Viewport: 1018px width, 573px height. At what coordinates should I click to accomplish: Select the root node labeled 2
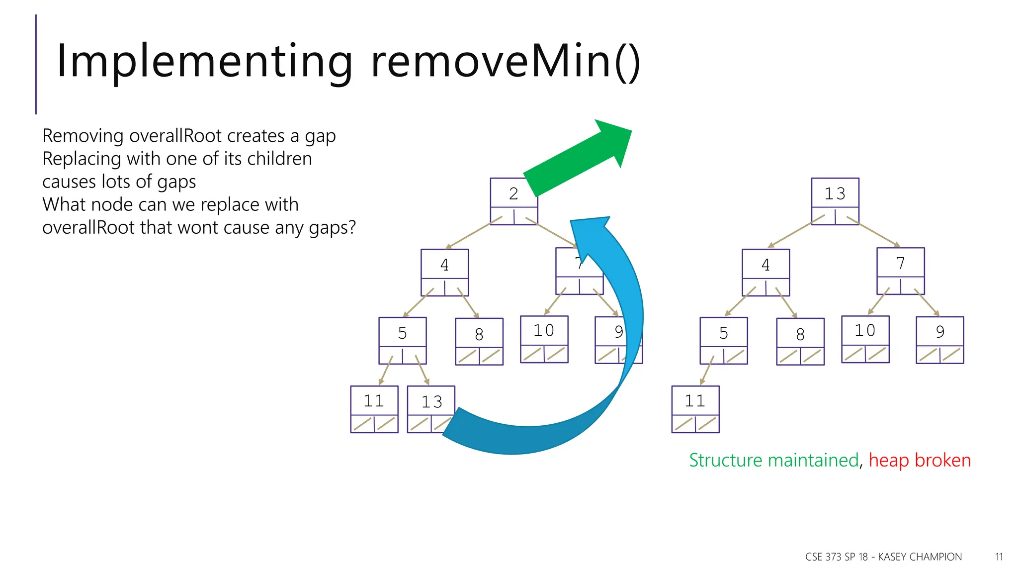click(x=513, y=193)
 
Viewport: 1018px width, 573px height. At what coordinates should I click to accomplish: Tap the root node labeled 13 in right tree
click(x=835, y=193)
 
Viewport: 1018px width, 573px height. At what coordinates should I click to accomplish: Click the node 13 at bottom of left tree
click(x=430, y=402)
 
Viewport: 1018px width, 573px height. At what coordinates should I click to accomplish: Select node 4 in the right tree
click(x=765, y=265)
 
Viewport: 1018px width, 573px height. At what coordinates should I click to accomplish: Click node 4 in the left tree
click(x=444, y=265)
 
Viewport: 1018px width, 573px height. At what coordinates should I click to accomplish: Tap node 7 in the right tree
click(x=900, y=263)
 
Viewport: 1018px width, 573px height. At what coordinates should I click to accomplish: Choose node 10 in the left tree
click(x=544, y=331)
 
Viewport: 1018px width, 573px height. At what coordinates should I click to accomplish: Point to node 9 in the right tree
click(x=939, y=332)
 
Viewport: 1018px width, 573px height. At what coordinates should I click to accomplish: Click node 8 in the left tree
click(x=479, y=334)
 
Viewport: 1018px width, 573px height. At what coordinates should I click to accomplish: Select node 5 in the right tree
click(x=723, y=333)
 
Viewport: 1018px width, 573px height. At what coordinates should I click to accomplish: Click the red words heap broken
click(x=920, y=460)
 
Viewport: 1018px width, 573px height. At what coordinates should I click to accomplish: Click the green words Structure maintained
click(x=773, y=460)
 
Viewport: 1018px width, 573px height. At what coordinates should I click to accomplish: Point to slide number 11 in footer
click(x=999, y=557)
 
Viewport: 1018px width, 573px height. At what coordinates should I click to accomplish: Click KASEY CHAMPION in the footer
click(x=920, y=557)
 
